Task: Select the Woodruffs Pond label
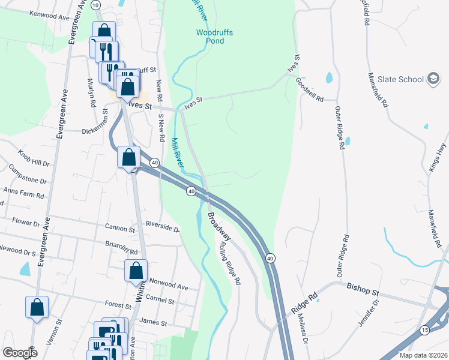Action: (210, 37)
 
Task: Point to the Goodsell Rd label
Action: (310, 90)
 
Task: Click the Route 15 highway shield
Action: (424, 330)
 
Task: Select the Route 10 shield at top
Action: (96, 5)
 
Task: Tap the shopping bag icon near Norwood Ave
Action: (137, 271)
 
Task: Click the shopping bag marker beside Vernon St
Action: (37, 307)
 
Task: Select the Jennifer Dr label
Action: (371, 314)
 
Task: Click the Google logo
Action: (20, 353)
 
